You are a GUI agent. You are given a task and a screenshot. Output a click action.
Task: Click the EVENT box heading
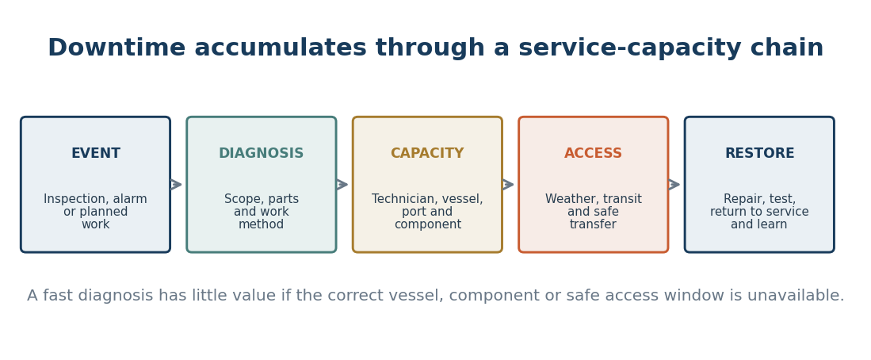pos(96,153)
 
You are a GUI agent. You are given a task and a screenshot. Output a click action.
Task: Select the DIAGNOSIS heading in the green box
pos(261,153)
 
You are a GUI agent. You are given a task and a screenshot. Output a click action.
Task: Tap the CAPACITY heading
pos(427,153)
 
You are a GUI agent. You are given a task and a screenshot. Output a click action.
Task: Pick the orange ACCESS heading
pos(594,153)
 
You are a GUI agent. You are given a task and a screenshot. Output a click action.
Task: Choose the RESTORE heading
pos(759,153)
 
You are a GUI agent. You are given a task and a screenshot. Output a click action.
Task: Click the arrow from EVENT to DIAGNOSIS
pos(176,185)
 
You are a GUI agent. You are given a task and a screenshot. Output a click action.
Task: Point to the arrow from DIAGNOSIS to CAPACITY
pos(342,185)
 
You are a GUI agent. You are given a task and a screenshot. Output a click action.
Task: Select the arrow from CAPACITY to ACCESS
pos(508,185)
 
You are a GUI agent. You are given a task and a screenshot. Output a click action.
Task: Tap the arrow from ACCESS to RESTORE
pos(674,185)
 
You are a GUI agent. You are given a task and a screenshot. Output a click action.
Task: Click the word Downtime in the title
pos(117,48)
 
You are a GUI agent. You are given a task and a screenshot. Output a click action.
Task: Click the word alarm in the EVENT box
pos(130,199)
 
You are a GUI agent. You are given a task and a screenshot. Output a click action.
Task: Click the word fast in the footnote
pos(59,296)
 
